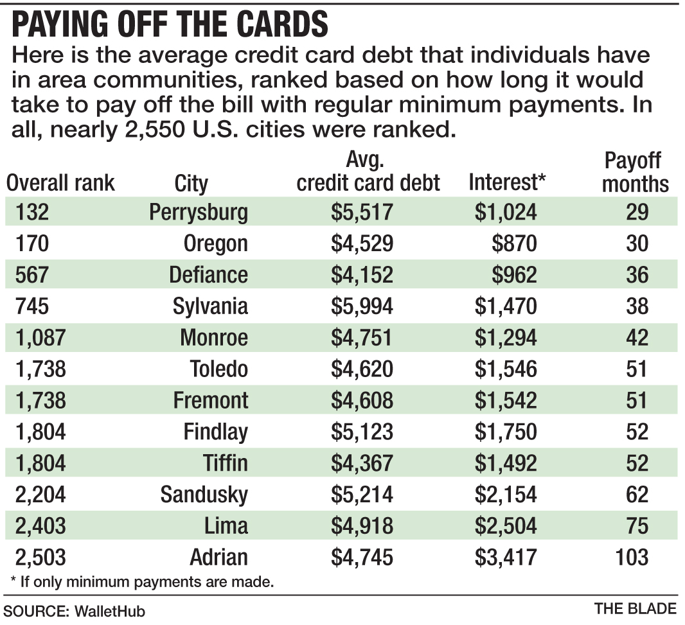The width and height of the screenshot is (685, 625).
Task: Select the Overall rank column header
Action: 60,183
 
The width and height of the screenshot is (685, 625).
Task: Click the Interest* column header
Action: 507,183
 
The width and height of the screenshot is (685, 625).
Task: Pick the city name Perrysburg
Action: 198,213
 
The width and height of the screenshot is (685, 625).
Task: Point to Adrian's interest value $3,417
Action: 506,557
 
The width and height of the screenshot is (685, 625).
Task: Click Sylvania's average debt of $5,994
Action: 362,306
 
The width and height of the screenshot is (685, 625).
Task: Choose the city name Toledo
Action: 218,369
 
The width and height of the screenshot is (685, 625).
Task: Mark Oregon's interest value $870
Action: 516,244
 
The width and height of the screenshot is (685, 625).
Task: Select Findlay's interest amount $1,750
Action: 506,432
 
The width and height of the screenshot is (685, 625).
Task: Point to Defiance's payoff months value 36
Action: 637,275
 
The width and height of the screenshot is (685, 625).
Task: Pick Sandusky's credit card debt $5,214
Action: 362,495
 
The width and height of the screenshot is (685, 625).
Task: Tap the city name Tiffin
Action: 224,463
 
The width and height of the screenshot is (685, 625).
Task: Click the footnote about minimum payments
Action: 142,583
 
